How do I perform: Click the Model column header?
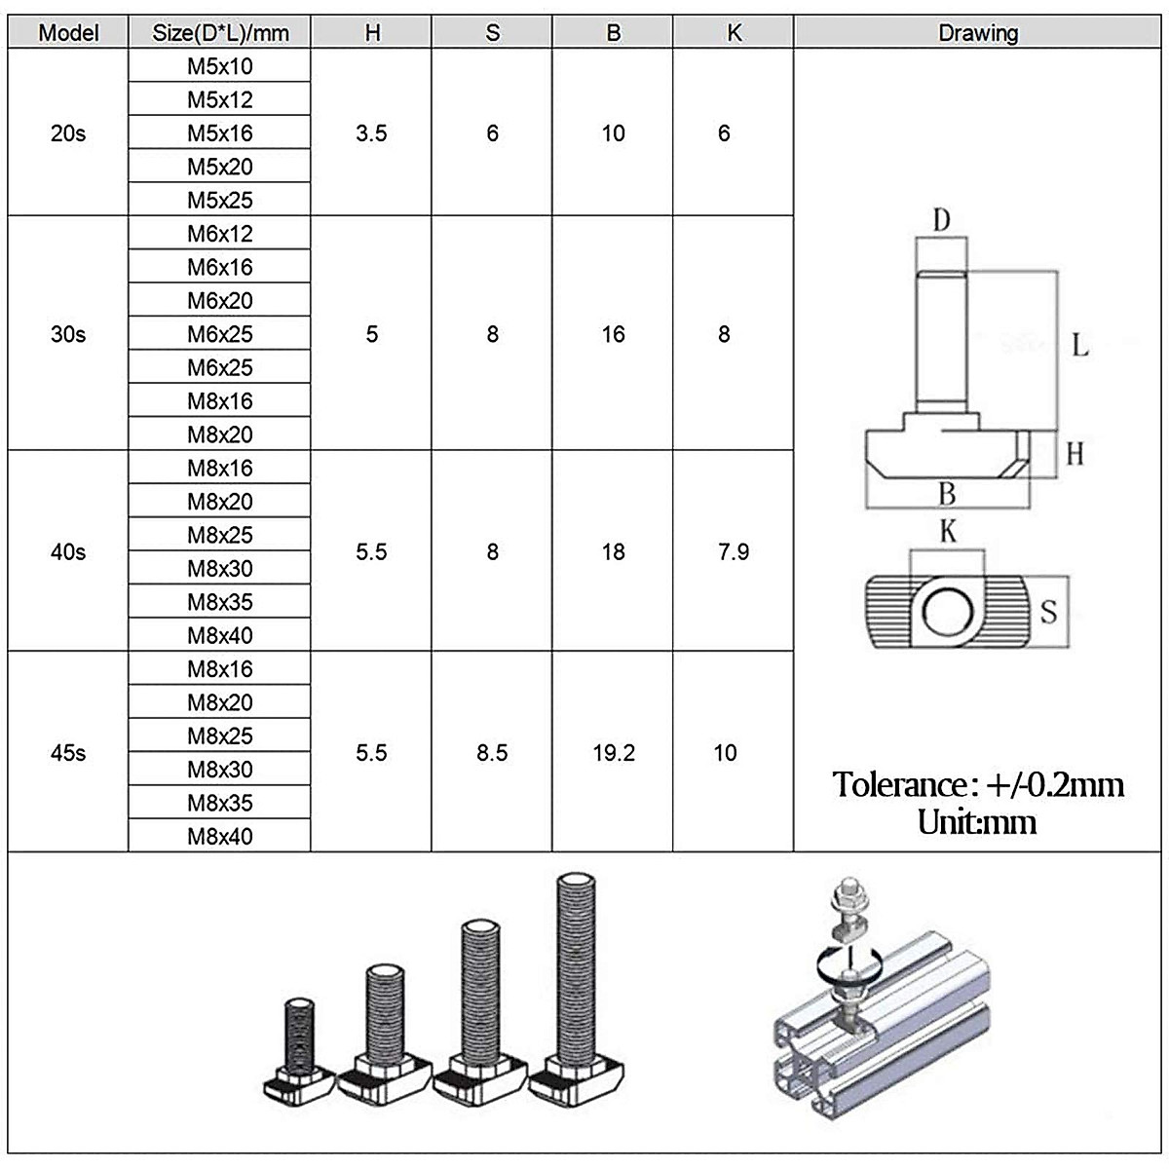point(68,33)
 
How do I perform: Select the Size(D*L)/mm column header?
point(220,33)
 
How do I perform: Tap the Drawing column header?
point(978,33)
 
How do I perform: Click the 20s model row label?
point(68,133)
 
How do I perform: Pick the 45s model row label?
point(68,753)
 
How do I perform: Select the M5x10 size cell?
point(220,66)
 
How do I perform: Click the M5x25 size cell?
point(220,200)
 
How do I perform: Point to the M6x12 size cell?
point(220,234)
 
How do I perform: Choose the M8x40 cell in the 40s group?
point(220,635)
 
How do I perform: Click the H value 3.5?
point(371,133)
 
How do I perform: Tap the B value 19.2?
point(614,753)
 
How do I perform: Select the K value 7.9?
point(734,552)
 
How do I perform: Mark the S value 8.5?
point(492,753)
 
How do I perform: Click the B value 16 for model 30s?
point(614,334)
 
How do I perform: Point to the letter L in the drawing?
point(1080,345)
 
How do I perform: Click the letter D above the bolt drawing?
point(941,220)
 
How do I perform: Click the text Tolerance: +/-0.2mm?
point(978,785)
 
